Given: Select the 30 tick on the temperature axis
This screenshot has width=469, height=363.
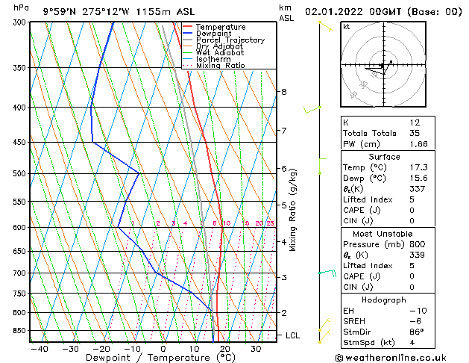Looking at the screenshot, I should click(x=256, y=348).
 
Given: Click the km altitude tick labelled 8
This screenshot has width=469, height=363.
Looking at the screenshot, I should click(x=283, y=92).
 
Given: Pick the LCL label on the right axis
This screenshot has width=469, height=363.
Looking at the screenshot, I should click(x=292, y=336).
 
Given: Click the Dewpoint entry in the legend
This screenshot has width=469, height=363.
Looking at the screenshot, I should click(x=215, y=34).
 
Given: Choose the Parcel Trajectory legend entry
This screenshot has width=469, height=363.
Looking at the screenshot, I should click(x=230, y=40).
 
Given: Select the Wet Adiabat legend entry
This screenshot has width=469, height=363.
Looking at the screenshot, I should click(x=220, y=53).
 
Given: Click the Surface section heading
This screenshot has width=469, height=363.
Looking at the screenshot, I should click(x=384, y=157).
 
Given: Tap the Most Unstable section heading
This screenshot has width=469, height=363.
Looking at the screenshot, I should click(x=384, y=234).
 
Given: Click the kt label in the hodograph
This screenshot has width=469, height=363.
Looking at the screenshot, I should click(x=347, y=26).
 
